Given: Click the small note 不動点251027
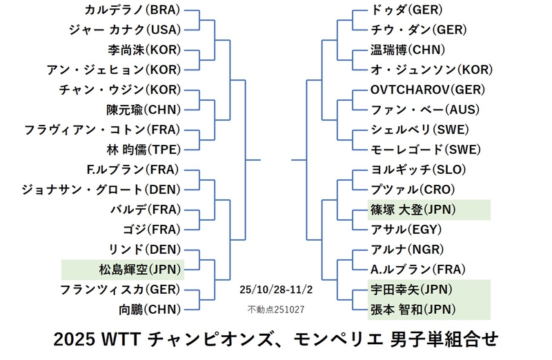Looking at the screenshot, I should click(x=275, y=309).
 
